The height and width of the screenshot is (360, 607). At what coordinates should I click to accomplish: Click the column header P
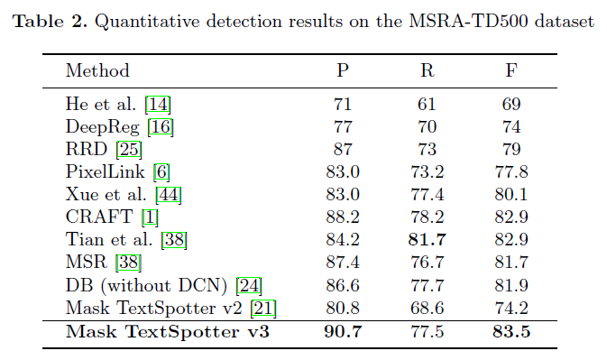pyautogui.click(x=343, y=70)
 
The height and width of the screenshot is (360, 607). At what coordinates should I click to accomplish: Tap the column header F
pyautogui.click(x=511, y=70)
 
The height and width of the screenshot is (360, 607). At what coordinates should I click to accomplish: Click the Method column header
pyautogui.click(x=97, y=70)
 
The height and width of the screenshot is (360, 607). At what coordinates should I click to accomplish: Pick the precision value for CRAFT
pyautogui.click(x=343, y=216)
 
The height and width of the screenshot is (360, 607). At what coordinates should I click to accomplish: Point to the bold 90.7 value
pyautogui.click(x=343, y=331)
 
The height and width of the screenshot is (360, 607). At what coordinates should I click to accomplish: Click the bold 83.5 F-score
pyautogui.click(x=511, y=331)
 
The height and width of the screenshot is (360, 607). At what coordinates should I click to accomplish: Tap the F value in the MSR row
pyautogui.click(x=511, y=262)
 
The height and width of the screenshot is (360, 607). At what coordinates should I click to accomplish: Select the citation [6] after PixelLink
pyautogui.click(x=162, y=171)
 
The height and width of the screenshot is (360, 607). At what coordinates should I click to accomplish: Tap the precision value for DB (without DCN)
pyautogui.click(x=343, y=285)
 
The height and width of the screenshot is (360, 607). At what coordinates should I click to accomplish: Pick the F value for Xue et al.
pyautogui.click(x=511, y=193)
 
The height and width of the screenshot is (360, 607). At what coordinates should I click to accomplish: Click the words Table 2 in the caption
pyautogui.click(x=47, y=21)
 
